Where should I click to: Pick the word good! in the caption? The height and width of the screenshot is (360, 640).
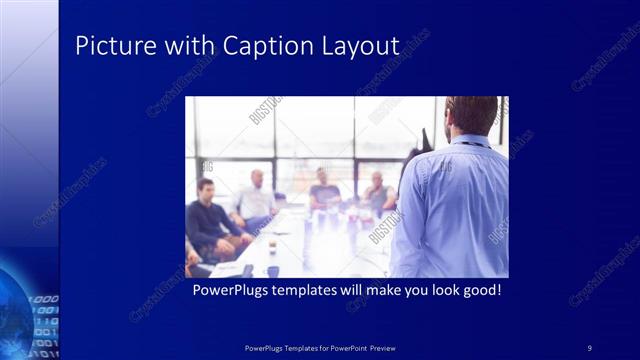tap(476, 291)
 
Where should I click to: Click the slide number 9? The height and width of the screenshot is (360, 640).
tap(590, 347)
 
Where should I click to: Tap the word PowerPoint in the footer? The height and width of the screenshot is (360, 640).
tap(343, 347)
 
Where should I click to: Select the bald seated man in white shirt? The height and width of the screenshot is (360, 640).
tap(255, 200)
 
